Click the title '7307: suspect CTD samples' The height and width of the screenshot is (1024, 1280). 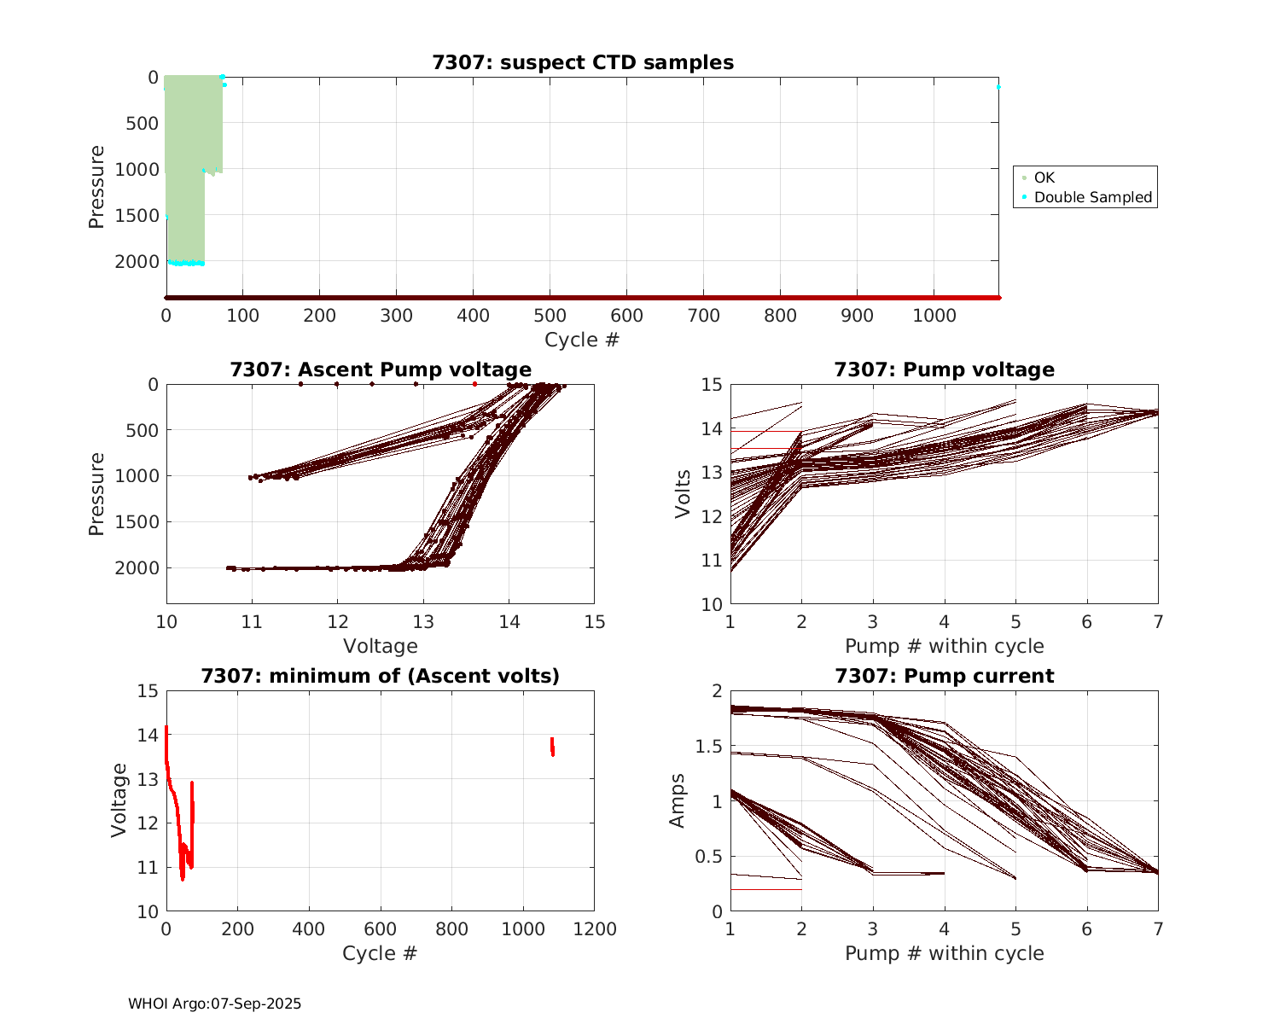coord(583,62)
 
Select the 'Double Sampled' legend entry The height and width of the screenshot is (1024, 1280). coord(1092,197)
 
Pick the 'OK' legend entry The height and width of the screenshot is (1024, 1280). coord(1044,177)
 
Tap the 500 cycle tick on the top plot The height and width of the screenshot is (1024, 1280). coord(550,316)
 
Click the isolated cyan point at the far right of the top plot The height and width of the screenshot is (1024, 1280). coord(998,87)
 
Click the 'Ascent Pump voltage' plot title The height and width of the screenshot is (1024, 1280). coord(381,369)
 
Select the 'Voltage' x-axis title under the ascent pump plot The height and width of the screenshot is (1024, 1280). coord(381,646)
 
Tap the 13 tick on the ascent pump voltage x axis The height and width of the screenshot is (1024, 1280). coord(423,621)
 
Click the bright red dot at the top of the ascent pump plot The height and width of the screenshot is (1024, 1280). coord(474,384)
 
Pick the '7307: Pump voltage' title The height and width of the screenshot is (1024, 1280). coord(944,369)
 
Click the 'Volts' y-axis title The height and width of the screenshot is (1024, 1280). coord(682,494)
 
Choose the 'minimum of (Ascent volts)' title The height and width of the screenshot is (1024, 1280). coord(381,676)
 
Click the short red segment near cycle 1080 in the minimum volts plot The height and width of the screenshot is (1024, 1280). coord(552,747)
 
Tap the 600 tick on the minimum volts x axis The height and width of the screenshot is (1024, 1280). coord(381,929)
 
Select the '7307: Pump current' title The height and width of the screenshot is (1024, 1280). coord(944,676)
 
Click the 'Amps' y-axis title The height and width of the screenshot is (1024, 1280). coord(678,800)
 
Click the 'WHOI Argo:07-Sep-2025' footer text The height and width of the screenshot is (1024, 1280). coord(214,1004)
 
